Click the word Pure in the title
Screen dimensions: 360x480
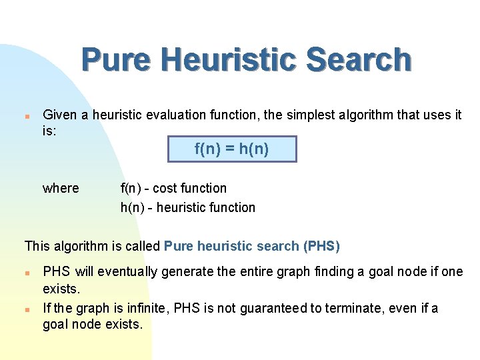click(117, 60)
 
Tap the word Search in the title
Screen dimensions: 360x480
click(359, 60)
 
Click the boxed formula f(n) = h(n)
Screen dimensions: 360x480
click(231, 149)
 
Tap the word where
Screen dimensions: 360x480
click(61, 189)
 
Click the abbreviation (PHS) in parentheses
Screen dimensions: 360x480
click(321, 247)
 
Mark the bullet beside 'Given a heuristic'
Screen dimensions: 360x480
click(27, 115)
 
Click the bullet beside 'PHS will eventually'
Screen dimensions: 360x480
click(27, 273)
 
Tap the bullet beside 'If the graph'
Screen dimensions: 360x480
click(27, 309)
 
